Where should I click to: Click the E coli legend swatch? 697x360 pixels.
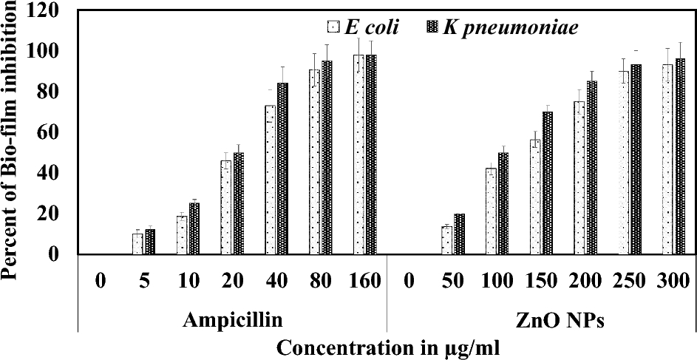click(x=332, y=28)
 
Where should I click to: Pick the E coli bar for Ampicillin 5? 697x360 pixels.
click(x=137, y=244)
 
